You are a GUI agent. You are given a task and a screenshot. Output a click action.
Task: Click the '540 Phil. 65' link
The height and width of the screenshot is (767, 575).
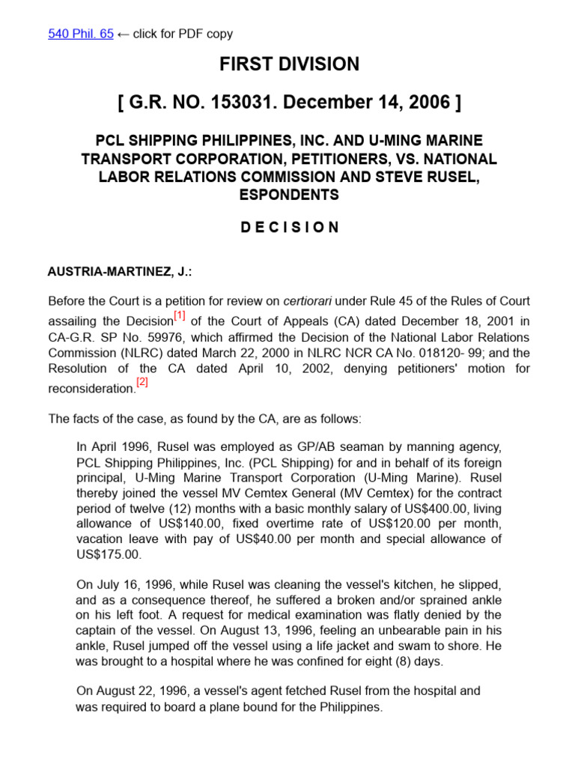(80, 34)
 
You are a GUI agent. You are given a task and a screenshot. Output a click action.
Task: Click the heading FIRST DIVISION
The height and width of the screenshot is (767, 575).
(289, 64)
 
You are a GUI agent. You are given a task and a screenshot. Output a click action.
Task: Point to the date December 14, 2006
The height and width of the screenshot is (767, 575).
(389, 103)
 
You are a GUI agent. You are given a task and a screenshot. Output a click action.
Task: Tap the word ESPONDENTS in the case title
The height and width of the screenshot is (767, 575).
(289, 195)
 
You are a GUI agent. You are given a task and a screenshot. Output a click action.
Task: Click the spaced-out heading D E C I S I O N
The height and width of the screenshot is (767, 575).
(289, 227)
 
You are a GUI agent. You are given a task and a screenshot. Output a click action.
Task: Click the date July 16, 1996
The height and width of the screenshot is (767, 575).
(130, 583)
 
